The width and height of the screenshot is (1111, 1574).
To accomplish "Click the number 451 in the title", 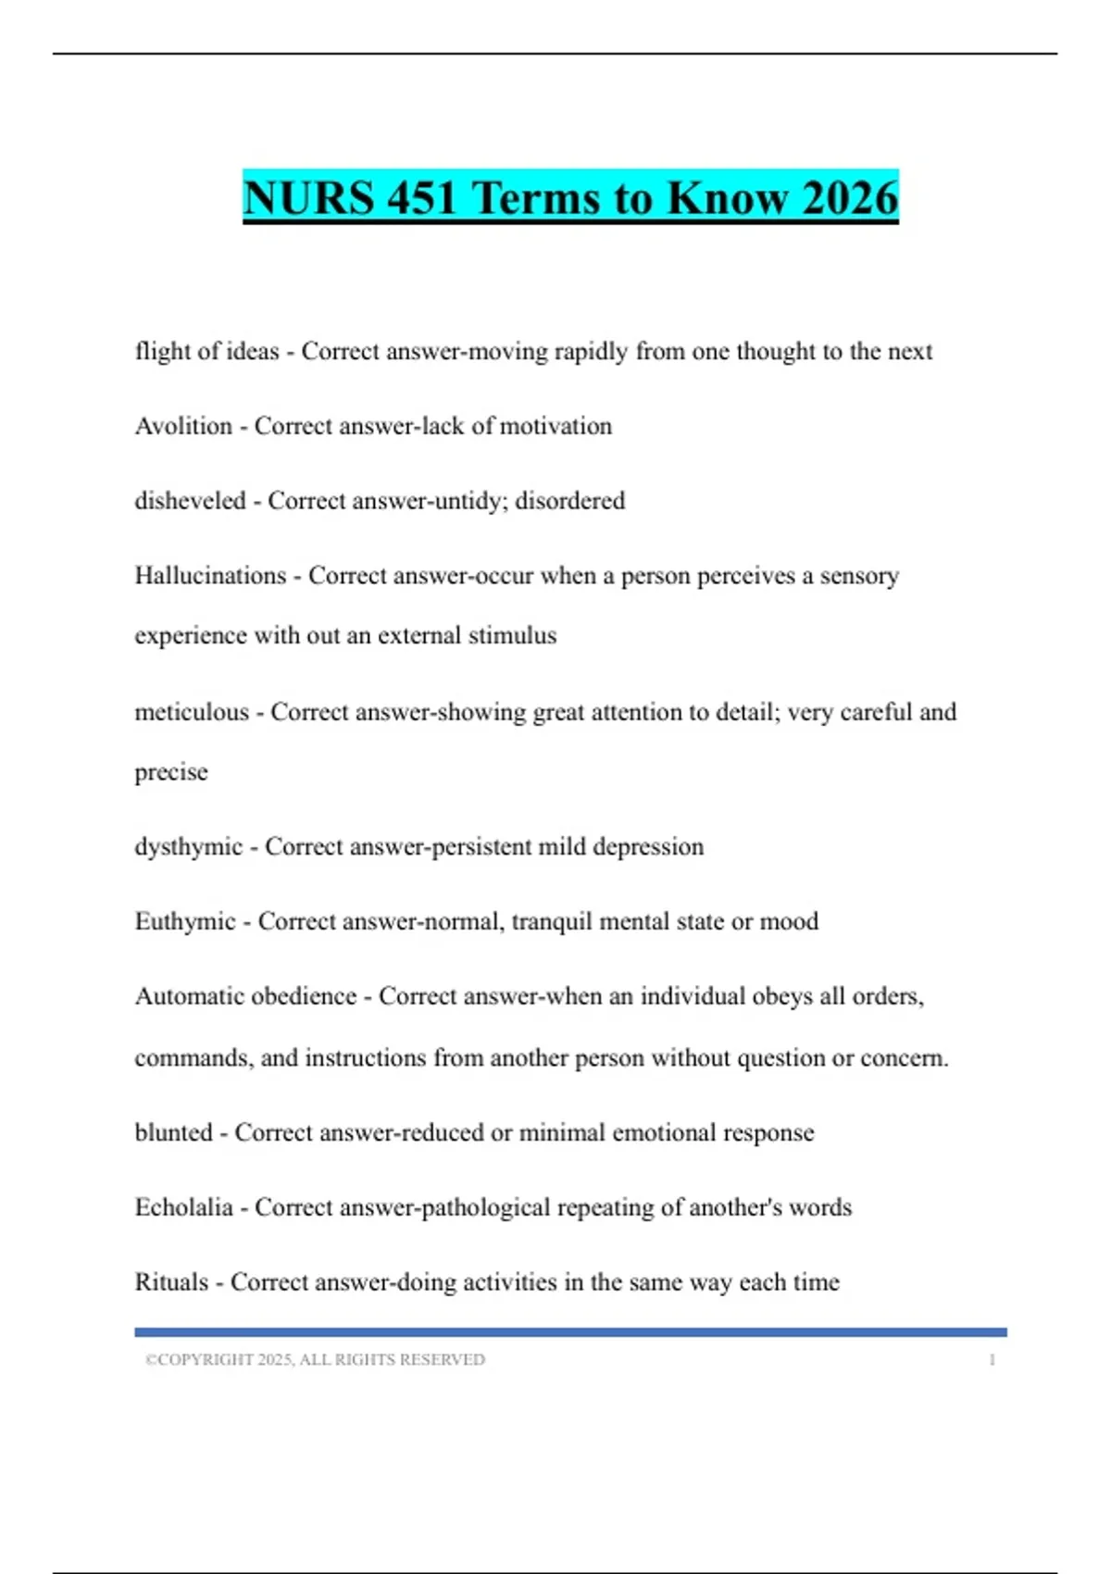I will click(x=421, y=197).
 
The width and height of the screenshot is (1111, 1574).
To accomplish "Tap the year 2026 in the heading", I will click(x=850, y=197).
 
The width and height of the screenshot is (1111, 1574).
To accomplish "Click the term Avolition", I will click(x=183, y=426).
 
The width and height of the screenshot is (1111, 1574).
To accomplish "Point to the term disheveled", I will click(x=190, y=501).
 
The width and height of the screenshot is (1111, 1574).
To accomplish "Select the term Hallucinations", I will click(x=210, y=576).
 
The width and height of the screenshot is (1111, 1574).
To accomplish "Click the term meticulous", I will click(x=192, y=712).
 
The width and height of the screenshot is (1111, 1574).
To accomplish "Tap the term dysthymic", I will click(x=188, y=847).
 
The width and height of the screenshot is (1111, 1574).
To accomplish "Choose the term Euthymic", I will click(x=185, y=921).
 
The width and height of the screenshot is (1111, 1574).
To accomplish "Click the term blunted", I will click(x=173, y=1132).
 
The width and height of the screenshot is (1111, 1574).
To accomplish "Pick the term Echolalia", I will click(x=183, y=1207).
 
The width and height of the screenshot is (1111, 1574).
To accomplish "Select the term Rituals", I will click(x=171, y=1282).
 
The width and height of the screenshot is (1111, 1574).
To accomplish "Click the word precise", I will click(x=171, y=772).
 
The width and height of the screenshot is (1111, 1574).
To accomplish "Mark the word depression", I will click(x=648, y=847).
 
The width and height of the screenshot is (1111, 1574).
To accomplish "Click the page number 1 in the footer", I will click(x=992, y=1360).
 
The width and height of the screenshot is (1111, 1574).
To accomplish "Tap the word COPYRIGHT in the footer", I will click(x=206, y=1360).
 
